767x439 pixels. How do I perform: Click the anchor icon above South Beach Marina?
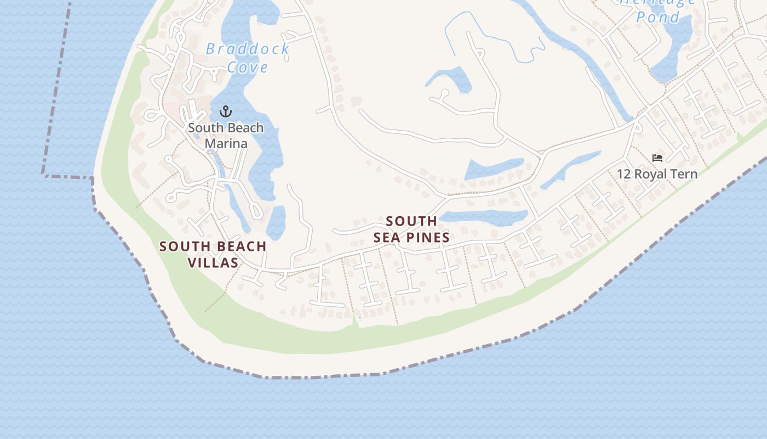(x=225, y=112)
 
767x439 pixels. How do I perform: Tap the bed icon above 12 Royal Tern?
(x=657, y=158)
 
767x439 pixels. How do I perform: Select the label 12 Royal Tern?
(x=657, y=174)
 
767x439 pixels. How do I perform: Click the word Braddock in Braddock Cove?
(x=247, y=49)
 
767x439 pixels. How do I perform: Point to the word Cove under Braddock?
(x=248, y=67)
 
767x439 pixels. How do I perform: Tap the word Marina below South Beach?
(x=226, y=144)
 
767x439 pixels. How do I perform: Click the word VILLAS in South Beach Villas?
(x=213, y=263)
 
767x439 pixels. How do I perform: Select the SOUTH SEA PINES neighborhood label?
(x=411, y=229)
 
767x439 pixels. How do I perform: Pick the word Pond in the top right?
(x=657, y=16)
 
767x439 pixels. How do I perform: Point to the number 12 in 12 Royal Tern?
(x=623, y=174)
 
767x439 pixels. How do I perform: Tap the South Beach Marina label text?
(x=226, y=136)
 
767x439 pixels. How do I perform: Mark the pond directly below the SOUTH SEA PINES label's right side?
(x=482, y=217)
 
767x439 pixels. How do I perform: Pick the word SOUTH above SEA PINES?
(x=411, y=221)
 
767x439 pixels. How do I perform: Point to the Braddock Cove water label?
(x=248, y=58)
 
